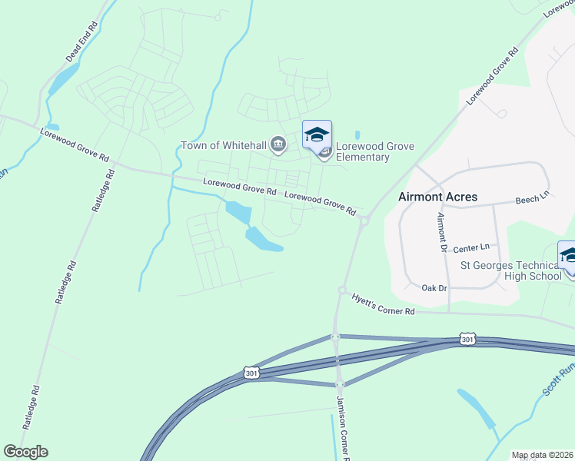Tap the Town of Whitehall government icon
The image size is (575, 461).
click(278, 144)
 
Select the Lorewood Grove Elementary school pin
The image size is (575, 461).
click(317, 135)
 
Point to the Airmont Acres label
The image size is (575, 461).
click(437, 197)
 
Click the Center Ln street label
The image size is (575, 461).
click(471, 248)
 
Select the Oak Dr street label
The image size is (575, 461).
click(434, 288)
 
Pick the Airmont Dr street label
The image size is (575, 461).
click(442, 233)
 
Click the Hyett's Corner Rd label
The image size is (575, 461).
click(383, 304)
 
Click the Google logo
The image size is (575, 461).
click(25, 452)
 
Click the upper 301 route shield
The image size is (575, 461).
click(468, 338)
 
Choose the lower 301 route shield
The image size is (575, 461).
click(251, 372)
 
